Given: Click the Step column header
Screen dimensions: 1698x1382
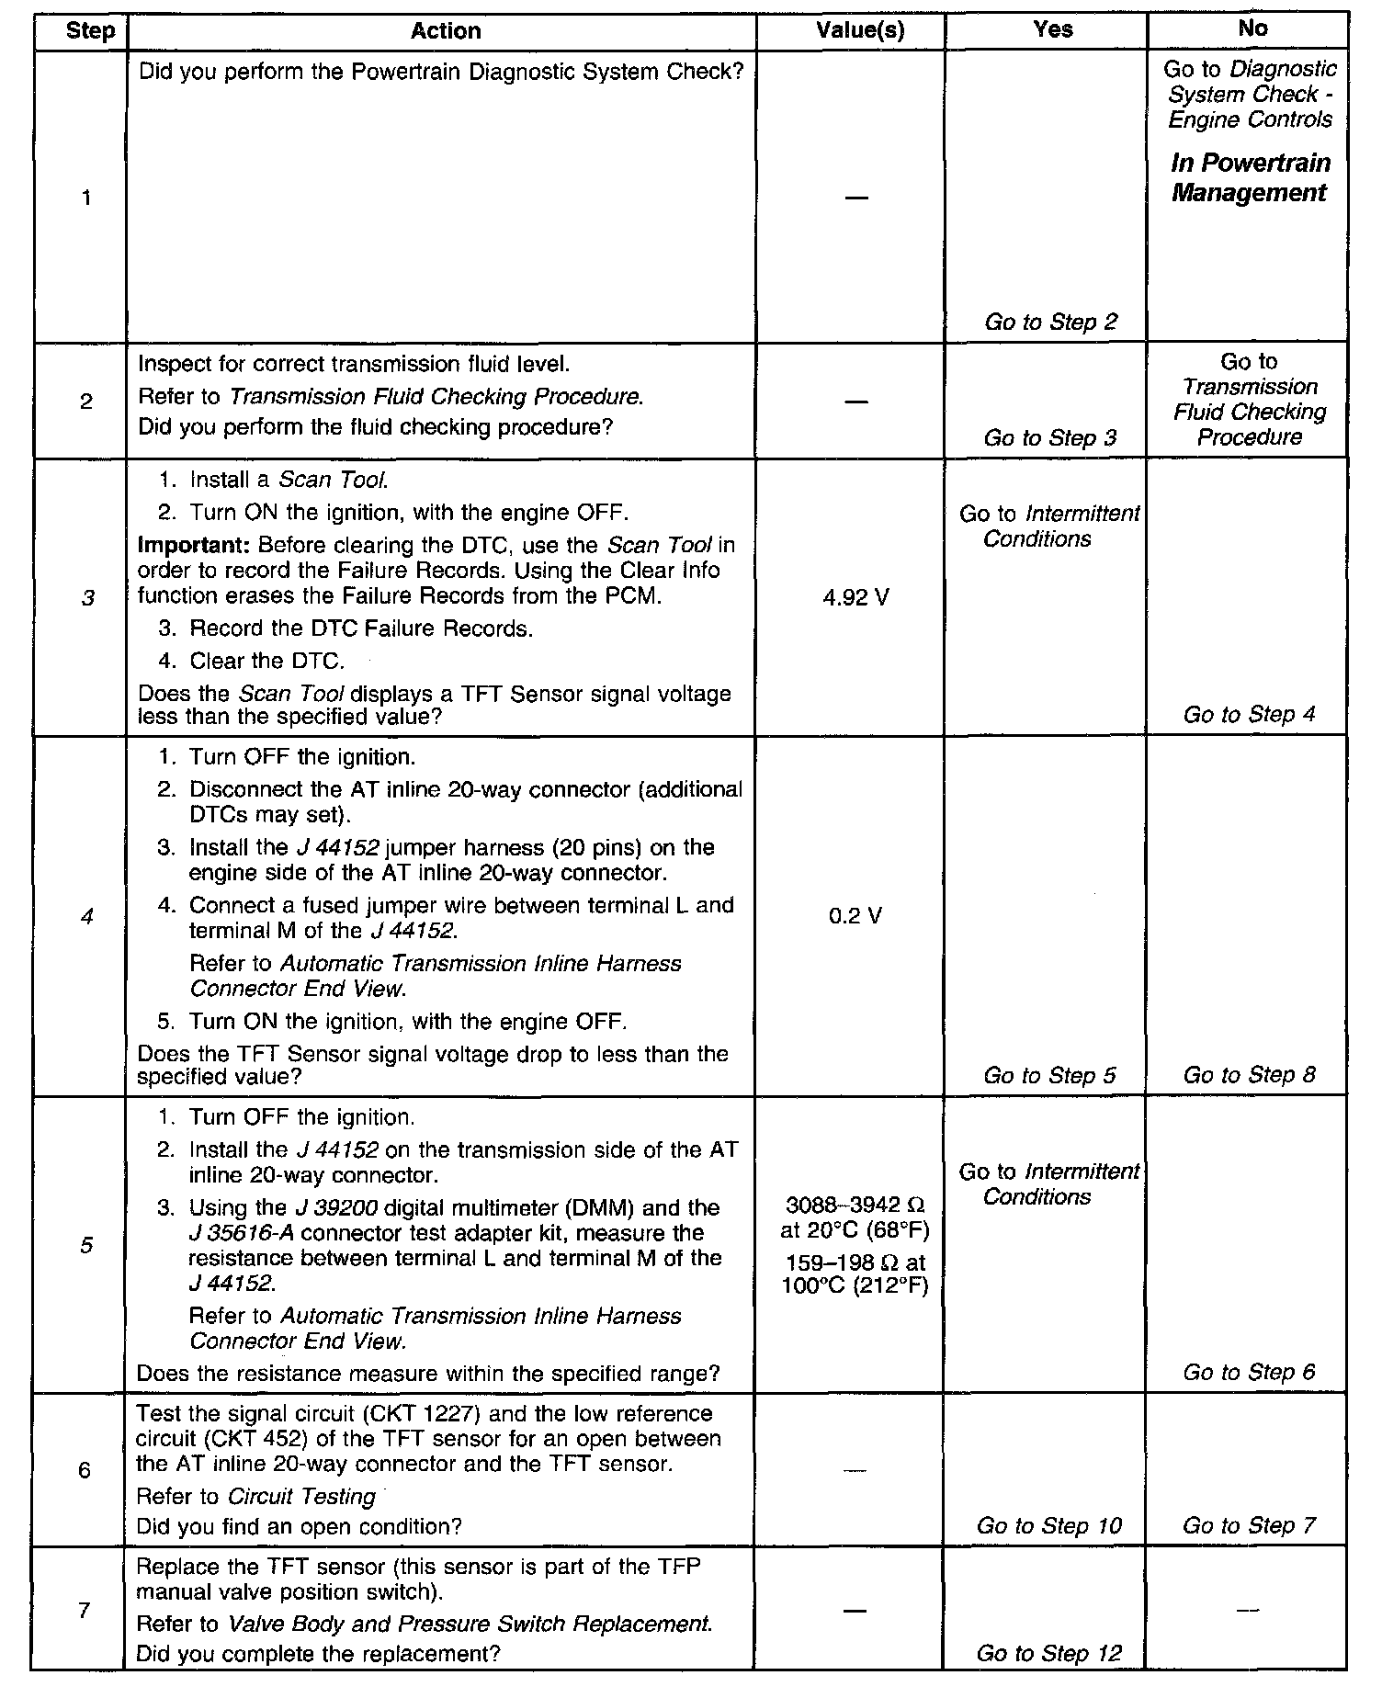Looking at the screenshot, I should pos(91,32).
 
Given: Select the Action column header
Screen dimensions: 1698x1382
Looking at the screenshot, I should pos(446,31).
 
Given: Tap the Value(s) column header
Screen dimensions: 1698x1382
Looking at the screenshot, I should pos(860,31).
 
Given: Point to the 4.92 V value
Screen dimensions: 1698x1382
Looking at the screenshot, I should pos(855,598).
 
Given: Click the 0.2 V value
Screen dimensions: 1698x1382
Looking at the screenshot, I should pos(855,916).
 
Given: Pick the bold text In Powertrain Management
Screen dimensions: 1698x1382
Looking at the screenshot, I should pos(1250,178).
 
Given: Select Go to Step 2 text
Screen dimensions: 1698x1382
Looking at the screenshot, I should pos(1050,323).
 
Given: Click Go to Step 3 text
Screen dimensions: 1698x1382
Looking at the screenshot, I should pos(1049,438).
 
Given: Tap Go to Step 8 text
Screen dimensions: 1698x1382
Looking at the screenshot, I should pos(1249,1075).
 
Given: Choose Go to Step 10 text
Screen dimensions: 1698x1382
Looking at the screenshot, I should pos(1048,1526).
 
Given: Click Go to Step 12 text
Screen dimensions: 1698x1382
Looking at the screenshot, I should pos(1048,1654).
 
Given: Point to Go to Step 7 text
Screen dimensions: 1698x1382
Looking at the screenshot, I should pos(1249,1526).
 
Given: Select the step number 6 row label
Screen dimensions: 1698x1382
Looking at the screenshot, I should pos(85,1470).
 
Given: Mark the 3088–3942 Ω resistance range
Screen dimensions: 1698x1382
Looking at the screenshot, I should pos(855,1206).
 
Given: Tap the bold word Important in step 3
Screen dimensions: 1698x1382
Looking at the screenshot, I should pos(187,545).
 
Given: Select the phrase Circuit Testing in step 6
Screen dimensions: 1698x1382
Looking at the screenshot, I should pos(302,1497).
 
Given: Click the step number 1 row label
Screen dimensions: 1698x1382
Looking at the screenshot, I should pos(85,198).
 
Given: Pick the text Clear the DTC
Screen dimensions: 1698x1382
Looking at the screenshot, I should pos(266,662).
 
